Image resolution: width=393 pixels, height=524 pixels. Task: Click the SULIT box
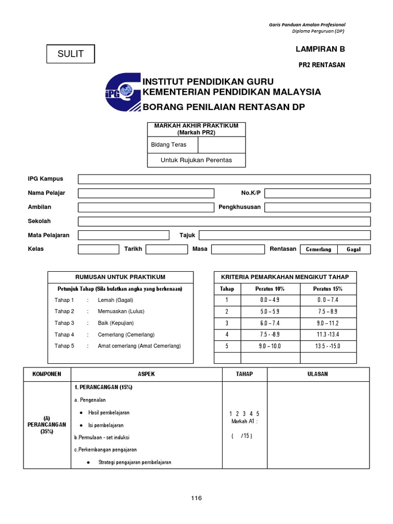pos(71,54)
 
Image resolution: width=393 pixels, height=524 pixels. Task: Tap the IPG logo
pos(123,92)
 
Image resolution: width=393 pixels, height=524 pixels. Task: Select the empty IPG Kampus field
pos(224,179)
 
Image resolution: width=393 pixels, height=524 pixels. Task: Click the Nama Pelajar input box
pos(146,193)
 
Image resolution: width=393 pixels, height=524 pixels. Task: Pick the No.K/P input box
pos(317,193)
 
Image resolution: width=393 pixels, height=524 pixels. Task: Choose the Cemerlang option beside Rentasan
pos(318,249)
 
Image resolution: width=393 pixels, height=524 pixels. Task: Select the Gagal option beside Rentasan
pos(354,249)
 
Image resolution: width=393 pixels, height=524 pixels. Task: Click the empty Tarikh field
pos(167,249)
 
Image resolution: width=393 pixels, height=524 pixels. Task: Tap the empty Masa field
pos(237,249)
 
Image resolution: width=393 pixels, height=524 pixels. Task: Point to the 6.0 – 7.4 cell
pos(270,323)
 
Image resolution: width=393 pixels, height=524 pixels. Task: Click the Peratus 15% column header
pos(327,289)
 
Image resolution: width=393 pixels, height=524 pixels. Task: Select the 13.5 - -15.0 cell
pos(327,346)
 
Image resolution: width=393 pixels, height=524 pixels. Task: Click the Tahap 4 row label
pos(64,335)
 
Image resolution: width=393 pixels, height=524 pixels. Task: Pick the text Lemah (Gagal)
pos(116,300)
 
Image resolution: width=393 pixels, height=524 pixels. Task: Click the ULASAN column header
pos(317,374)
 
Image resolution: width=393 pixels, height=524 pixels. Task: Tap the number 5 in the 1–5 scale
pos(258,413)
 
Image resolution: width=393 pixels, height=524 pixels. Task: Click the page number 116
pos(196,498)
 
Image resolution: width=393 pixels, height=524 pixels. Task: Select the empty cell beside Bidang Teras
pos(222,145)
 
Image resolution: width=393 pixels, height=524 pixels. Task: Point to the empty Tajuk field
pos(285,235)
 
